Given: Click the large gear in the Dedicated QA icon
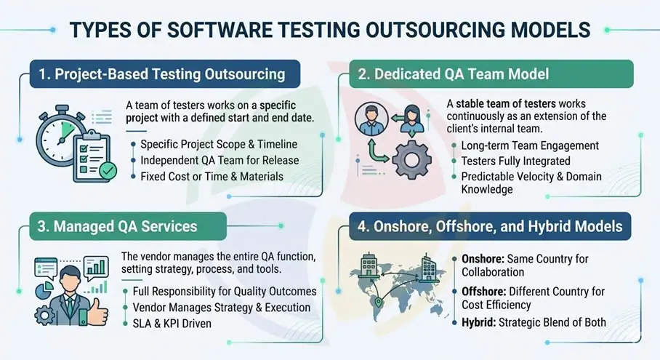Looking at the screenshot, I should (411, 159).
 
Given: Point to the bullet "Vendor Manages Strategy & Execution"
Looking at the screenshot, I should (221, 307).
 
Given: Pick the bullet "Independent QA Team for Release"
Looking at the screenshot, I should (220, 160).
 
